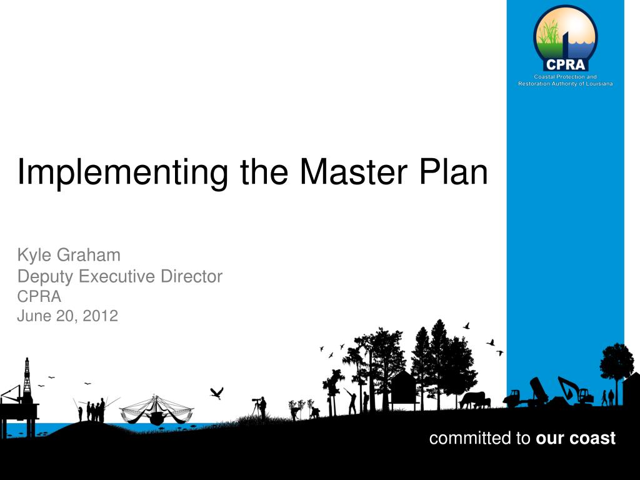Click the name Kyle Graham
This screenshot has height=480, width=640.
click(x=69, y=255)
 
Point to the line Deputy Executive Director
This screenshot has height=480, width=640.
click(x=119, y=276)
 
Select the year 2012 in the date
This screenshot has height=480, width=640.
click(x=101, y=316)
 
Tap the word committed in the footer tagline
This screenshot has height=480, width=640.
click(x=471, y=439)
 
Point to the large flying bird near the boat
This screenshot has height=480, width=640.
click(x=216, y=392)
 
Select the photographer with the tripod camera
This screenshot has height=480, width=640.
click(x=260, y=406)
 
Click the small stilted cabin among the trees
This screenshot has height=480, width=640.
click(x=403, y=388)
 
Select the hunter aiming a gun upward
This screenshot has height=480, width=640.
click(x=351, y=400)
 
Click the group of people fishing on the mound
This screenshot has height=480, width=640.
click(x=95, y=411)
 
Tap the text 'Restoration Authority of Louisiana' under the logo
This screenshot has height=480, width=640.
click(x=565, y=84)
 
